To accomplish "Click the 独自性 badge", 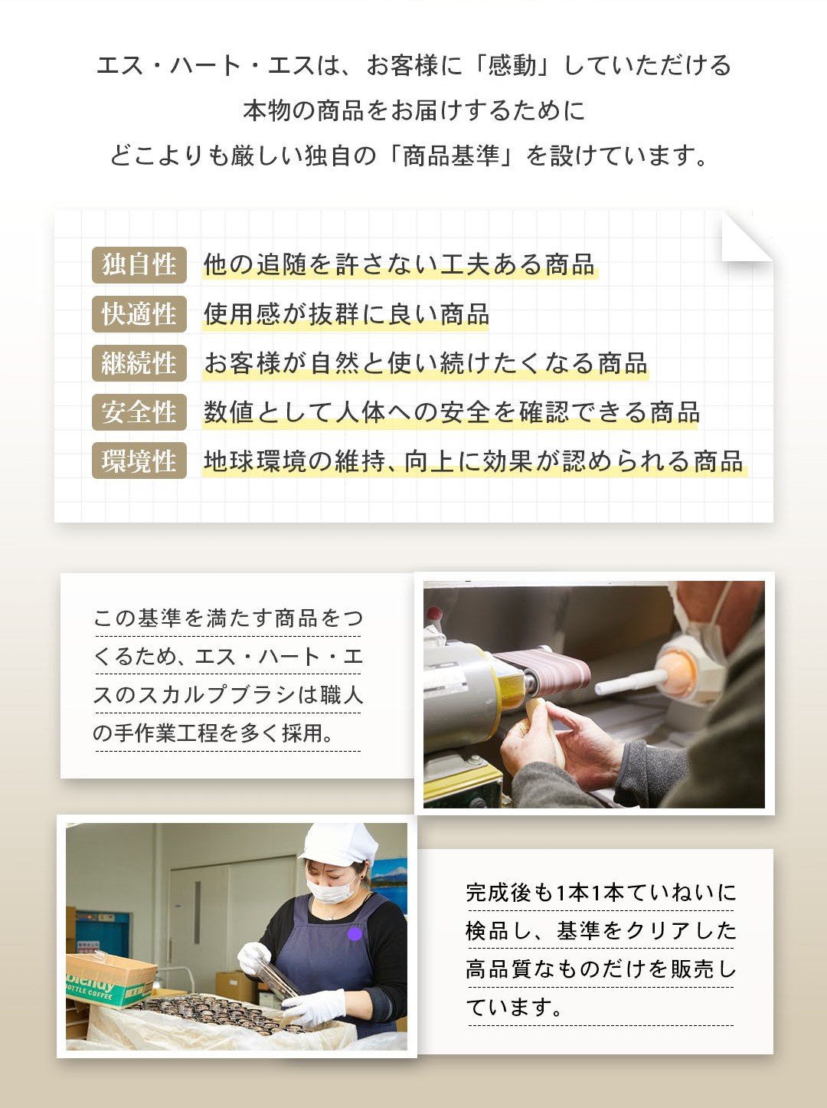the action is tap(139, 264).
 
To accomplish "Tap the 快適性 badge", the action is tap(139, 314).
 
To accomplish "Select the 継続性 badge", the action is tap(139, 363).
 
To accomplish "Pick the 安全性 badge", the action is tap(139, 412).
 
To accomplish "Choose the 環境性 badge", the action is tap(139, 461).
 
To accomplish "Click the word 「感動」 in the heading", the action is tap(512, 66).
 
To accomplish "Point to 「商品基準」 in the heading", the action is tap(450, 155).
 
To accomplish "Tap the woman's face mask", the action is tap(330, 890).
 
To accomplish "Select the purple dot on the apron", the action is tap(355, 934).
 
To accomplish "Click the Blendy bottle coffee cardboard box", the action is tap(109, 979).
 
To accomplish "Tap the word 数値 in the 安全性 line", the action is tap(228, 412).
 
